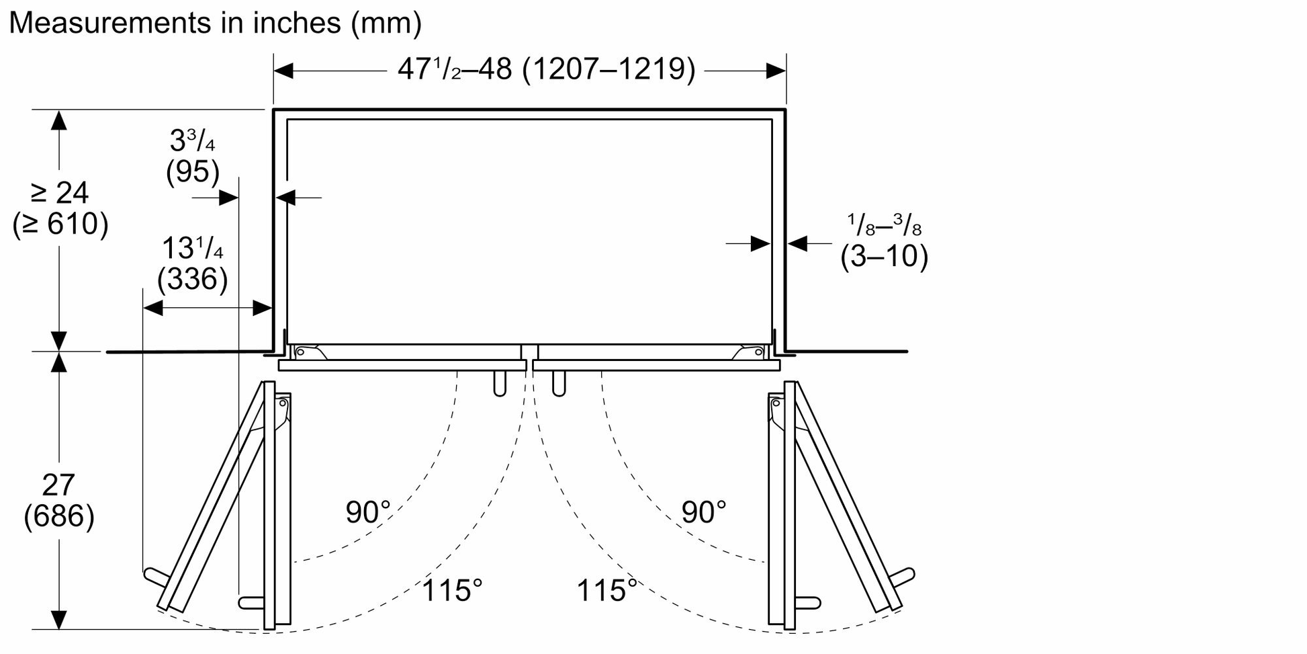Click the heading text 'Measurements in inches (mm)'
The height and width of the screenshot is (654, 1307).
point(215,23)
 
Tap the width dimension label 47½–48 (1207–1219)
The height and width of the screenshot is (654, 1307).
point(546,69)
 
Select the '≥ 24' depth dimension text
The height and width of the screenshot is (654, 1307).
point(60,193)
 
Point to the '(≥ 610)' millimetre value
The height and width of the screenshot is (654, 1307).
point(60,224)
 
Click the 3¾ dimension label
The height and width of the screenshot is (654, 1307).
point(192,140)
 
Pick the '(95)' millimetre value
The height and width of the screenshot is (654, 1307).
point(193,172)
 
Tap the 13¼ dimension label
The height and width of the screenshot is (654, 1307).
point(192,248)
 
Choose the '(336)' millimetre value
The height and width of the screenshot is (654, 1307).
point(193,279)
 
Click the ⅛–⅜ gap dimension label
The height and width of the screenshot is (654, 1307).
point(884,224)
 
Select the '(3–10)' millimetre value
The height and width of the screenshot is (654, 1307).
point(884,256)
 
